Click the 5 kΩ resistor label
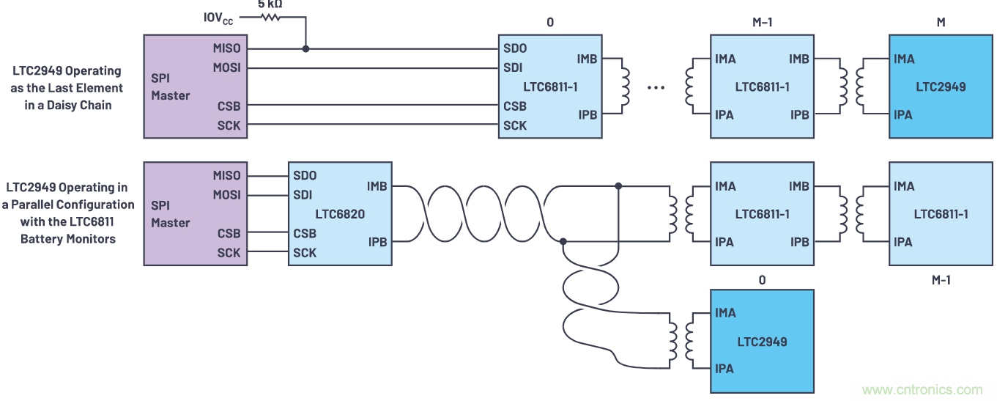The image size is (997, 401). click(x=270, y=4)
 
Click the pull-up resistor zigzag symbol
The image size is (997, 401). click(x=271, y=17)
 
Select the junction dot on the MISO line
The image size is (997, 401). click(x=305, y=48)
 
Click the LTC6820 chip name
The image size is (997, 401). click(x=340, y=214)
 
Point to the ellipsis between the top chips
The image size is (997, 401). click(x=656, y=87)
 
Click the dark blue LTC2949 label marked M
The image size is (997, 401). click(x=941, y=87)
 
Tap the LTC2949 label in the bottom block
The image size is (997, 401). click(x=762, y=341)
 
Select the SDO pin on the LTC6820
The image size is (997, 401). click(x=305, y=176)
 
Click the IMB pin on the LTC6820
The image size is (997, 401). click(x=377, y=187)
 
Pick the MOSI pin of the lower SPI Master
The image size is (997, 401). click(x=226, y=195)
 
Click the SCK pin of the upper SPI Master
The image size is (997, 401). click(x=229, y=125)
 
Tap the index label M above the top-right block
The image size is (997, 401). click(x=941, y=23)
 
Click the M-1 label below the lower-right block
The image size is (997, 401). click(x=941, y=279)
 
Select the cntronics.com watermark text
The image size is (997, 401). click(x=922, y=390)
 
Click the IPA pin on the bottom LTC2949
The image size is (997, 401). click(x=724, y=369)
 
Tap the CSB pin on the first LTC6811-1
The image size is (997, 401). click(x=515, y=106)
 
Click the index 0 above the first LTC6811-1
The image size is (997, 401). click(x=550, y=23)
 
